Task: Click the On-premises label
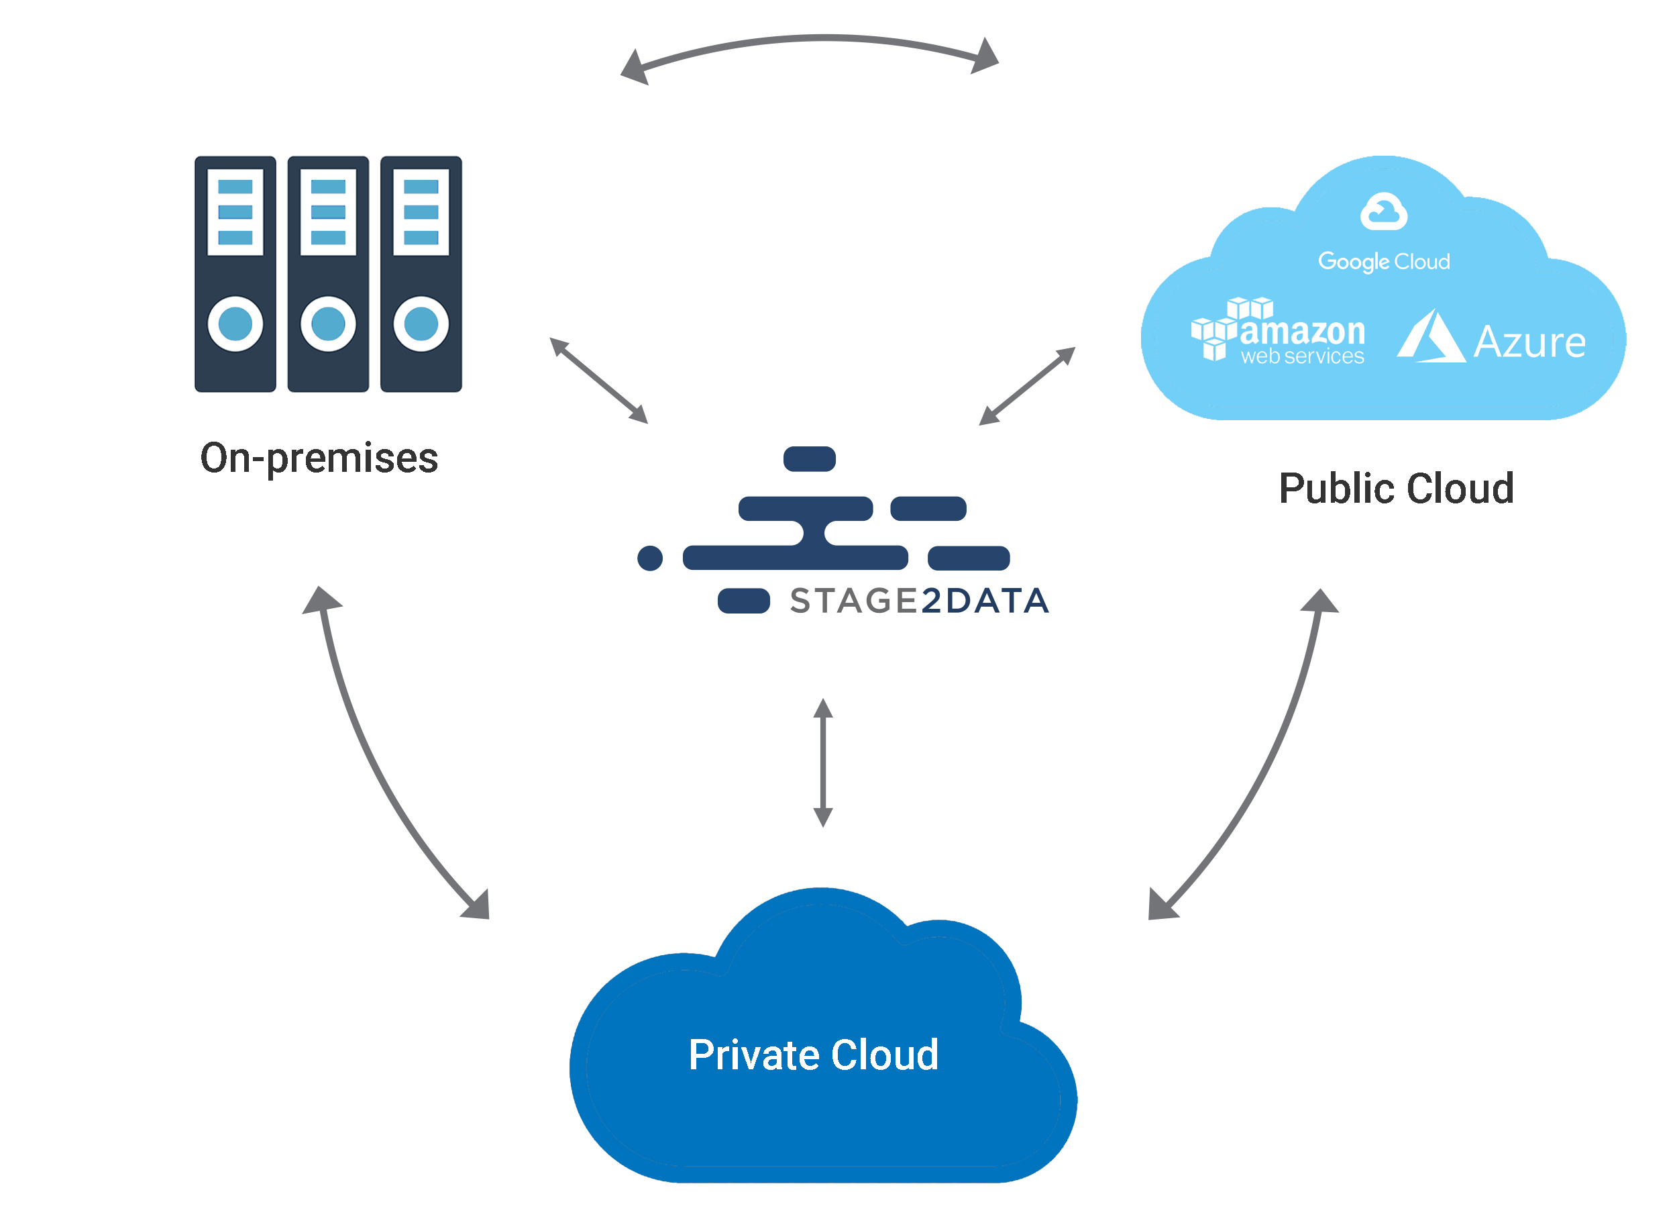tap(319, 458)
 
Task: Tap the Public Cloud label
tap(1396, 489)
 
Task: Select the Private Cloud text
tap(813, 1054)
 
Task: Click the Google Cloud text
tap(1384, 262)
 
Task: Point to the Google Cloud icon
tap(1383, 211)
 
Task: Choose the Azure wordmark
tap(1529, 342)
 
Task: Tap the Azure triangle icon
tap(1431, 338)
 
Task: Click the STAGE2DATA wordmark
tap(919, 601)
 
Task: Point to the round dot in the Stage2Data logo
tap(649, 558)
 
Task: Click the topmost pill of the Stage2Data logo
tap(809, 459)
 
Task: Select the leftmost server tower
tap(235, 273)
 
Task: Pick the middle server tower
tap(328, 273)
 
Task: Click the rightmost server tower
tap(421, 273)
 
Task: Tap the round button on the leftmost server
tap(235, 324)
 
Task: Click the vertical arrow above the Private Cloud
tap(822, 762)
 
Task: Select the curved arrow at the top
tap(809, 40)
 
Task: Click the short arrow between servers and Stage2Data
tap(598, 381)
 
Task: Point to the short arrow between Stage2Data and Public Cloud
tap(1027, 386)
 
